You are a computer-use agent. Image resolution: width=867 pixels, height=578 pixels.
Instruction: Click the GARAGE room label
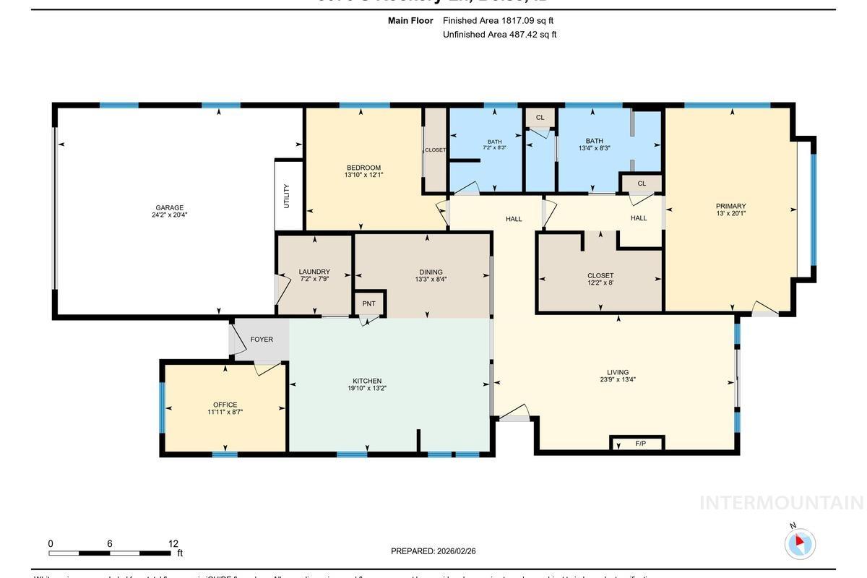(170, 208)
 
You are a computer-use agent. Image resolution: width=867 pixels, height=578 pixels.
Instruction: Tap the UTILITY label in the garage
(287, 196)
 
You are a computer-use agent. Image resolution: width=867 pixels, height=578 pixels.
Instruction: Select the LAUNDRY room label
(314, 272)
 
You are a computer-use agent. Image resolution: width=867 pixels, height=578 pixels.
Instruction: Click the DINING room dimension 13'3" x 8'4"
(431, 280)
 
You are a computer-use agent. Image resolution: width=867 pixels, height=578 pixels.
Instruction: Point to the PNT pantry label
(368, 303)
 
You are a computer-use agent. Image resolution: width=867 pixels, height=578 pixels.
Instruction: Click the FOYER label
(262, 340)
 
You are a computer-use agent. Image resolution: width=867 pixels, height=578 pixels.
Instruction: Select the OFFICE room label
(225, 405)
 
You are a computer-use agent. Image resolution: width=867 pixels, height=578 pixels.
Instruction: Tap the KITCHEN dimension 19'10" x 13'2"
(367, 389)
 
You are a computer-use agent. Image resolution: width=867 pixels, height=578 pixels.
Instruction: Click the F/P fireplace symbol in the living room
(640, 444)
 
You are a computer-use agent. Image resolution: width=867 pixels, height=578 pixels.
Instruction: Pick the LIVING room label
(618, 373)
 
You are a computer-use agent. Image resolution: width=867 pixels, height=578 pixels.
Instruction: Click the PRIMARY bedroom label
(730, 206)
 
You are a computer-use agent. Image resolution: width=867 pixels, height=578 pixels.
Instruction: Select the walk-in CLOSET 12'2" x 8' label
(600, 276)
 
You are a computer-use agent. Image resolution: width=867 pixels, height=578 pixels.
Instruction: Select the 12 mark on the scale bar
(173, 544)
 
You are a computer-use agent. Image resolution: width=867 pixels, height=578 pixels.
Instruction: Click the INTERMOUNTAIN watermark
(781, 503)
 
